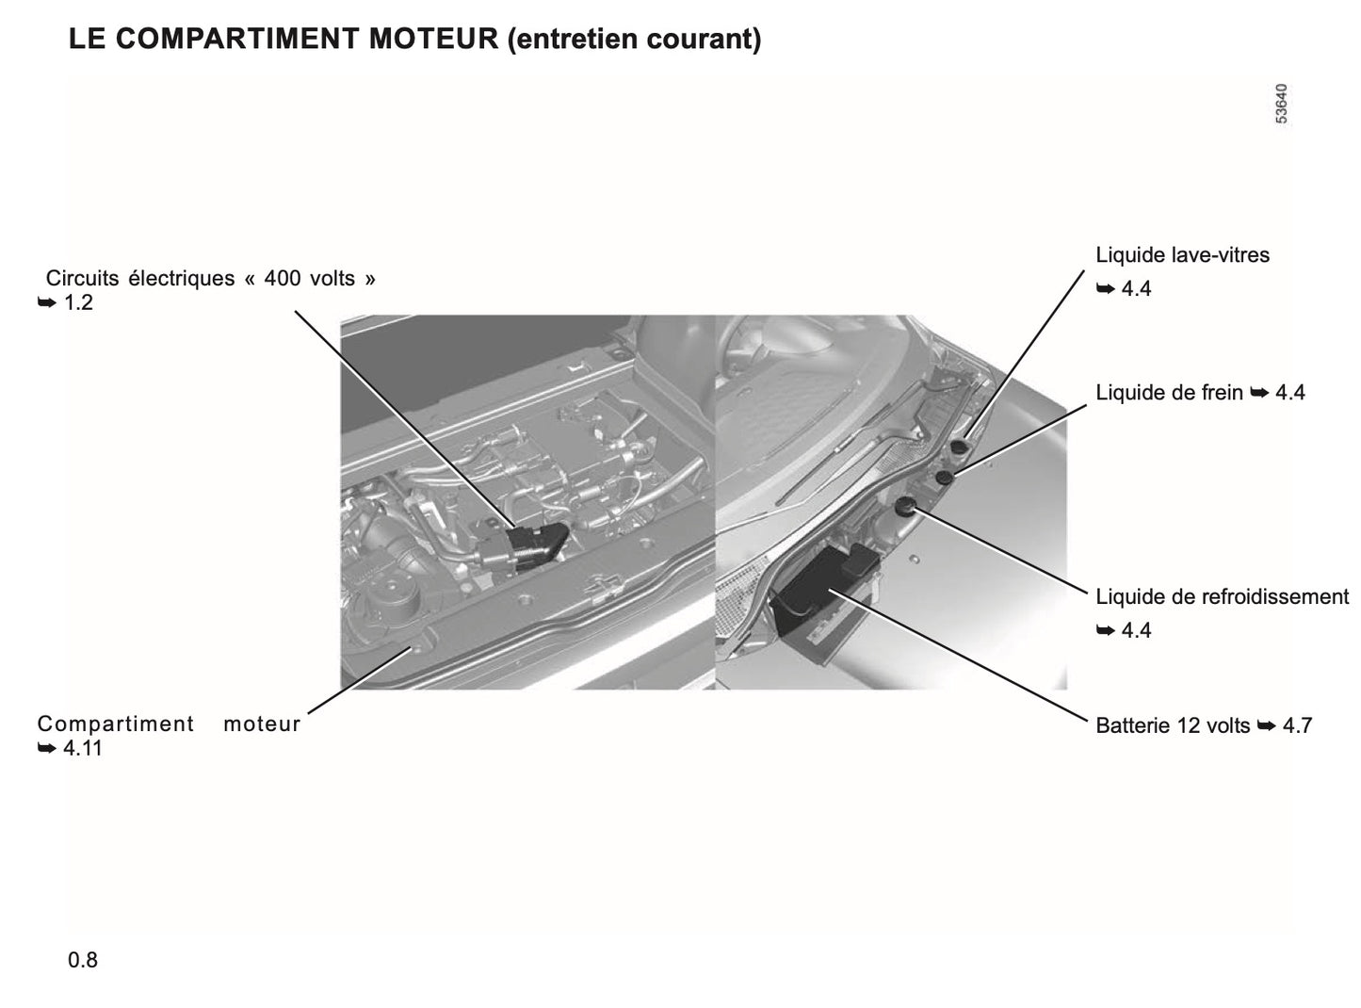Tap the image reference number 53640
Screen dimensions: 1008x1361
click(x=1282, y=105)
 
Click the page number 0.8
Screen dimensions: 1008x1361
click(x=83, y=960)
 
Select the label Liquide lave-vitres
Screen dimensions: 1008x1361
click(x=1182, y=255)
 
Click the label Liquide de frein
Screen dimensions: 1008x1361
click(x=1169, y=393)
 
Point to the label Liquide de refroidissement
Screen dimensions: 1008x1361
click(x=1222, y=596)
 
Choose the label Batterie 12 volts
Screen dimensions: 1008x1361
click(x=1173, y=725)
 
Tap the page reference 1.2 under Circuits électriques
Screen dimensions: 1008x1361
click(x=78, y=303)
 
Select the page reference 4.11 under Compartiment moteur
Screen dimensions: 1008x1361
click(x=82, y=749)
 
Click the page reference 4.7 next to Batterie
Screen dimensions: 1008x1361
click(x=1297, y=725)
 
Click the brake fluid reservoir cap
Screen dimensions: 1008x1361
click(x=944, y=478)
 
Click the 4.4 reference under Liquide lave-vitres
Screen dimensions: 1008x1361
click(x=1136, y=289)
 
